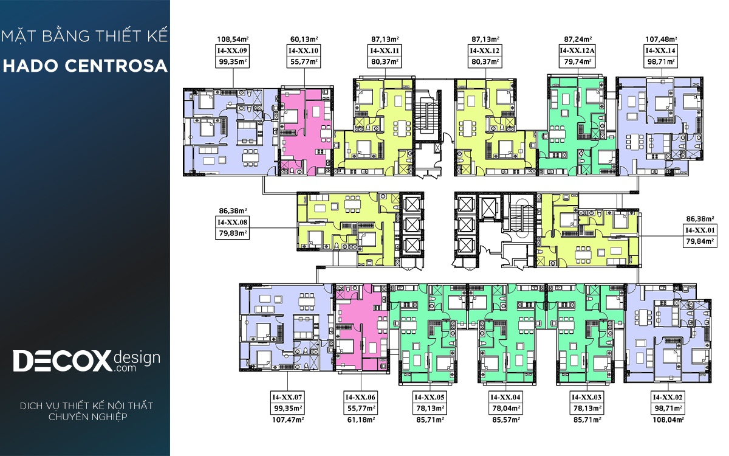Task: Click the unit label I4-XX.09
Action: coord(232,50)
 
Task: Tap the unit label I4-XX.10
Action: coord(304,50)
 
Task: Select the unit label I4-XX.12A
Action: coord(577,50)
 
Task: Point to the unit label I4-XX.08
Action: coord(232,223)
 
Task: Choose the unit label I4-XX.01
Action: coord(700,230)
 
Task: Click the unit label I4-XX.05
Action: coord(430,398)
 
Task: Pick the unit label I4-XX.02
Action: coord(668,398)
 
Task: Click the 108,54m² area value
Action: coord(233,40)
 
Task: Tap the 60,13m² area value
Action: coord(304,40)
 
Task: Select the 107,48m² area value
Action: coord(661,40)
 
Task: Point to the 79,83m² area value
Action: coord(232,233)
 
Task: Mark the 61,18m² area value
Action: coord(361,420)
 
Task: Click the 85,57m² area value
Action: coord(505,420)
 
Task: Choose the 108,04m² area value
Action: coord(668,420)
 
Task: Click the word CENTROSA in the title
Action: coord(116,66)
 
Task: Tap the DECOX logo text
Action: coord(62,361)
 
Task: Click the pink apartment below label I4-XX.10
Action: coord(306,132)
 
